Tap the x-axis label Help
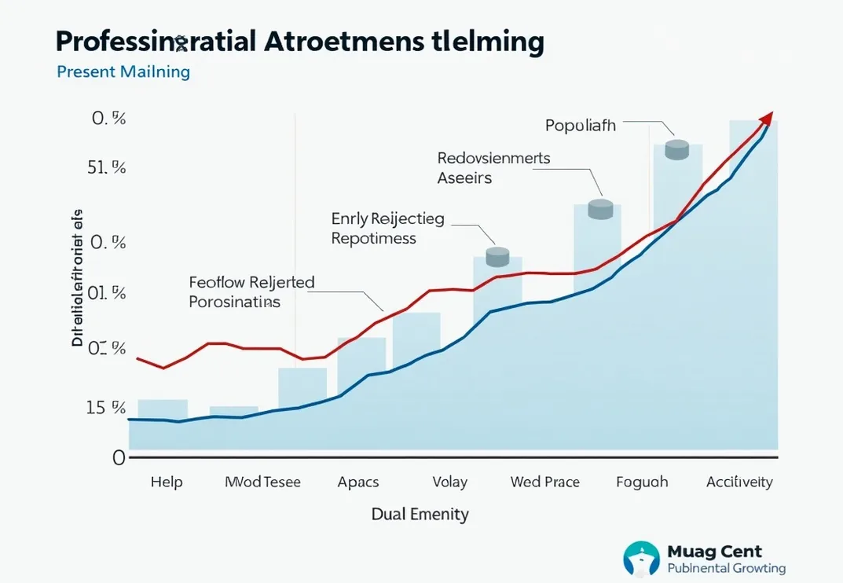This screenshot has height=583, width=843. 167,482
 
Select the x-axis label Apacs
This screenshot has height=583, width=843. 358,482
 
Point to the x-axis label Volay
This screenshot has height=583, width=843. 450,482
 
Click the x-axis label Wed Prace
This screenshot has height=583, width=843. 545,482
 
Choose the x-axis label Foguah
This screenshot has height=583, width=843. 642,482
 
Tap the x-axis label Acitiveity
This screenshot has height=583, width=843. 739,482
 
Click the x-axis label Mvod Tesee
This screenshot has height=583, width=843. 262,482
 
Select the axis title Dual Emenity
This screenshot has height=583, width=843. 420,515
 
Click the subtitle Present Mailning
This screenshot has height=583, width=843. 123,71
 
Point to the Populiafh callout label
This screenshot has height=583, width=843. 580,125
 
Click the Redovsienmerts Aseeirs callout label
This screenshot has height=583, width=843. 493,167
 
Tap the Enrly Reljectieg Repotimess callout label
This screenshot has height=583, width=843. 387,228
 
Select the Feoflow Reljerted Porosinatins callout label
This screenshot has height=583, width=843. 251,291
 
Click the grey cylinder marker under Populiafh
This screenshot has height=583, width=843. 677,149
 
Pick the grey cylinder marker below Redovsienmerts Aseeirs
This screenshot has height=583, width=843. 600,208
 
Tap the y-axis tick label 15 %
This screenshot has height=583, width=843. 106,408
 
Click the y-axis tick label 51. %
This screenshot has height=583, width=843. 106,167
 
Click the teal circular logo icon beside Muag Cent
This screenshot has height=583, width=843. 641,559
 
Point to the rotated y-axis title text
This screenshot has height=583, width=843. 77,278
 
